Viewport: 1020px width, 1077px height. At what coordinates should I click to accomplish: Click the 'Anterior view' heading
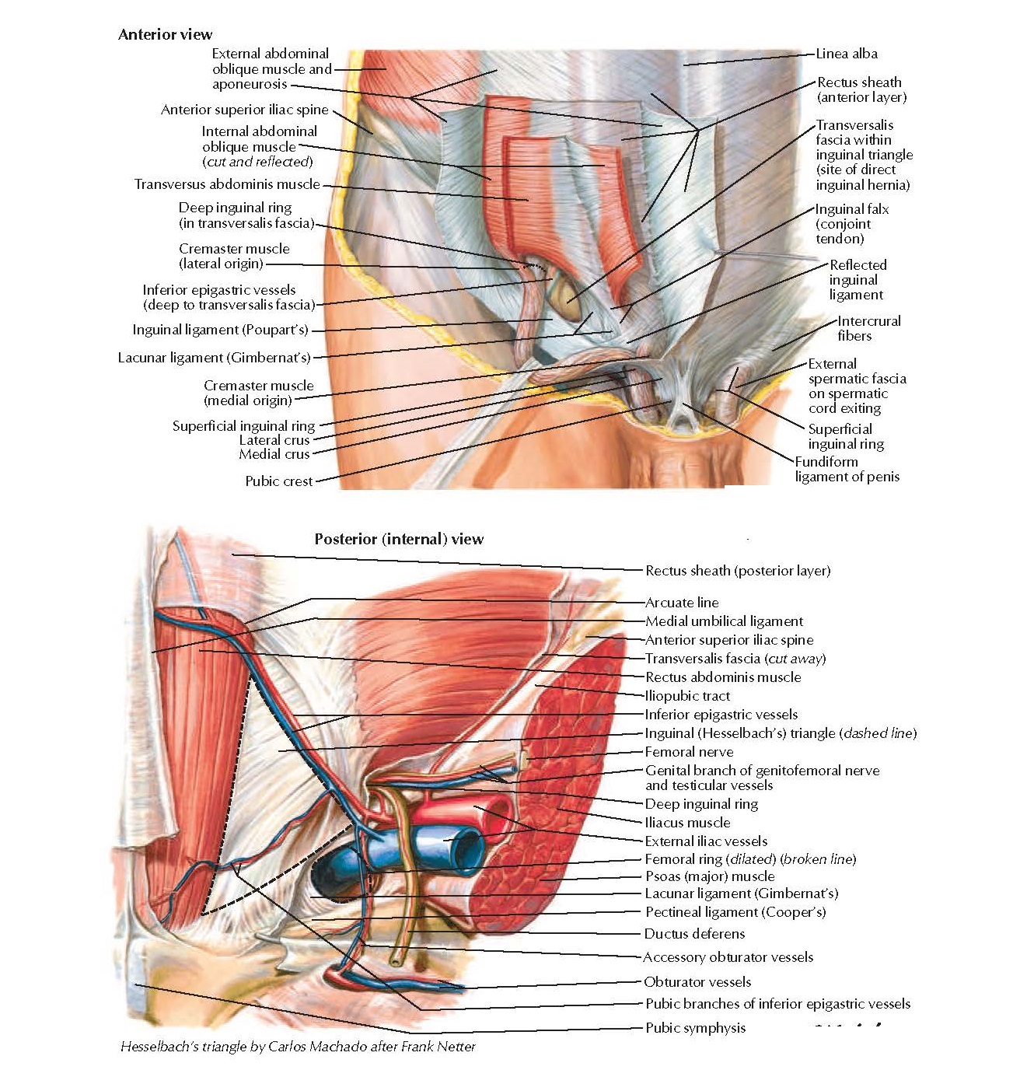pyautogui.click(x=165, y=34)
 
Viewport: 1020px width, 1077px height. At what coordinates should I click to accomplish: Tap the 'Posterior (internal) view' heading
pyautogui.click(x=399, y=539)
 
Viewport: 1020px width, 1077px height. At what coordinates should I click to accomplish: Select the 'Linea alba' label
pyautogui.click(x=847, y=54)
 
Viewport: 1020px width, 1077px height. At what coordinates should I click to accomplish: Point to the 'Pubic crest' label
pyautogui.click(x=278, y=481)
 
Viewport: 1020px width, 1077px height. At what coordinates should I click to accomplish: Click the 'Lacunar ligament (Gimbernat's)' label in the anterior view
pyautogui.click(x=214, y=358)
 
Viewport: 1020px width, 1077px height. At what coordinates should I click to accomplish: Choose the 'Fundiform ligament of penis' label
pyautogui.click(x=847, y=469)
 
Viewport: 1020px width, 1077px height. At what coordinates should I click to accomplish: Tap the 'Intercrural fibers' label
pyautogui.click(x=868, y=328)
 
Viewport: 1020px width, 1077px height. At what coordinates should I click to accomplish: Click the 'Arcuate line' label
pyautogui.click(x=682, y=603)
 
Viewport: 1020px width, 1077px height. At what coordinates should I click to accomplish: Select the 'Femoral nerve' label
pyautogui.click(x=689, y=752)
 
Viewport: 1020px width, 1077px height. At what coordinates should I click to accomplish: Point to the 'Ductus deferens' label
pyautogui.click(x=694, y=934)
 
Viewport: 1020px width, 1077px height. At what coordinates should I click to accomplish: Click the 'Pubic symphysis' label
pyautogui.click(x=695, y=1028)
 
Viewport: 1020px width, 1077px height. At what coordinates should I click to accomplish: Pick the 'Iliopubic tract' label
pyautogui.click(x=687, y=696)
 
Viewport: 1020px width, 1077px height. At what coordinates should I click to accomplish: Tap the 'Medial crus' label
pyautogui.click(x=274, y=454)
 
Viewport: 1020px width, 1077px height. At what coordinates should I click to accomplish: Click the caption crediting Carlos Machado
pyautogui.click(x=298, y=1047)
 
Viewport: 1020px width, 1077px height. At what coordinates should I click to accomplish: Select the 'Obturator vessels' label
pyautogui.click(x=697, y=982)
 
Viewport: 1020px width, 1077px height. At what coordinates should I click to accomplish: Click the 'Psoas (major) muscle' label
pyautogui.click(x=710, y=876)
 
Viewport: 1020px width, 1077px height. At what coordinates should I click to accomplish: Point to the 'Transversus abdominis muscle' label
pyautogui.click(x=227, y=184)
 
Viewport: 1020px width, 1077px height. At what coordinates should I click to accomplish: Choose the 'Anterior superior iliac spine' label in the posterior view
pyautogui.click(x=729, y=640)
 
